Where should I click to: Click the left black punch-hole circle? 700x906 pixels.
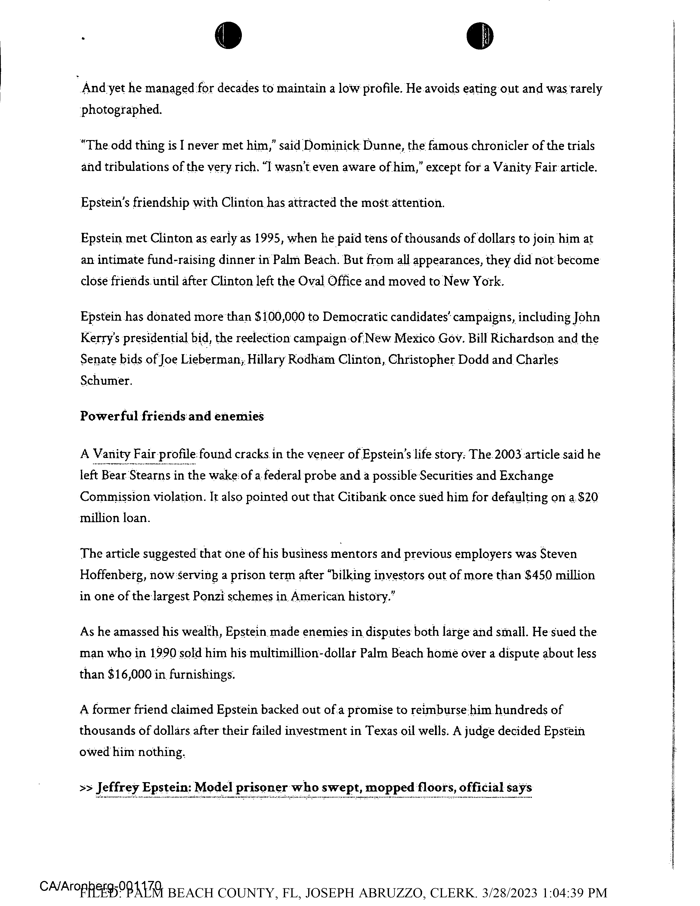tap(228, 35)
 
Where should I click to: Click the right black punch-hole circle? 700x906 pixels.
tap(480, 35)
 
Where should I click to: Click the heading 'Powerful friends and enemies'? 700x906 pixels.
tap(172, 416)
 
